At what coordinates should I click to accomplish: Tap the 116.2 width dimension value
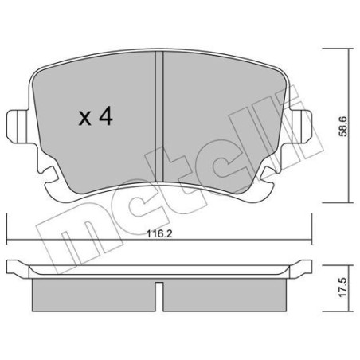tap(159, 234)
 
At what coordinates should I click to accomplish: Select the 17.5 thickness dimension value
tap(342, 288)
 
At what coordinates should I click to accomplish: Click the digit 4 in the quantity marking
tap(106, 117)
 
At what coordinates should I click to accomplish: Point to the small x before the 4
tap(85, 119)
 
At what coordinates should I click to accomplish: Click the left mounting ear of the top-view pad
tap(17, 127)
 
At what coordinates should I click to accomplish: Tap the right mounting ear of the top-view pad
tap(302, 127)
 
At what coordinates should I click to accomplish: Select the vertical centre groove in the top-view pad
tap(159, 116)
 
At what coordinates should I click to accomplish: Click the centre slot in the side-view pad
tap(159, 296)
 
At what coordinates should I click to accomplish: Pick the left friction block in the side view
tap(94, 295)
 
